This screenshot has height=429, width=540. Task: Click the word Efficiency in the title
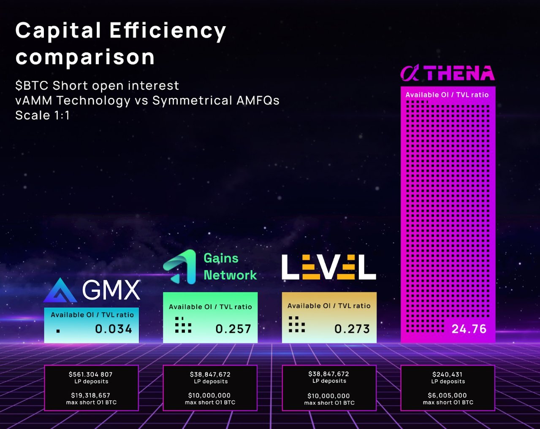click(168, 31)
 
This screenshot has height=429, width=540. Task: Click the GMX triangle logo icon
click(60, 291)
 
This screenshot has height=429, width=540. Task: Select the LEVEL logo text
click(328, 267)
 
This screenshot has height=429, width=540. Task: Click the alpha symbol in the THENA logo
click(410, 73)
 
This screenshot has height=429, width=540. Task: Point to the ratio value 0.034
click(114, 329)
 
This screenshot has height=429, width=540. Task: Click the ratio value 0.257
click(233, 329)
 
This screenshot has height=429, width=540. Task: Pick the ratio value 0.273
click(352, 329)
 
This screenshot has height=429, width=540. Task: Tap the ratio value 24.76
click(469, 329)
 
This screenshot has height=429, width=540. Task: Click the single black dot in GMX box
click(58, 331)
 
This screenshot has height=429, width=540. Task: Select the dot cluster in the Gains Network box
click(183, 325)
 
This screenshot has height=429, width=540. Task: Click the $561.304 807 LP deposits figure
click(91, 375)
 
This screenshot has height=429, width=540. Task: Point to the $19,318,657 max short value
click(91, 396)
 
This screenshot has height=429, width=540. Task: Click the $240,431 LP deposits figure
click(448, 375)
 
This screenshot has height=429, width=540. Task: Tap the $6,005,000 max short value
click(448, 396)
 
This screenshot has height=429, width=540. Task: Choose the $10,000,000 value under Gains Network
click(209, 396)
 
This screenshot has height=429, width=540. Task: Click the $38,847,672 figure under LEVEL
click(328, 374)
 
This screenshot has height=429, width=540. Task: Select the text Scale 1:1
click(42, 116)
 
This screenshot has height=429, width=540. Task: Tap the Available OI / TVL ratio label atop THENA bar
click(447, 95)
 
